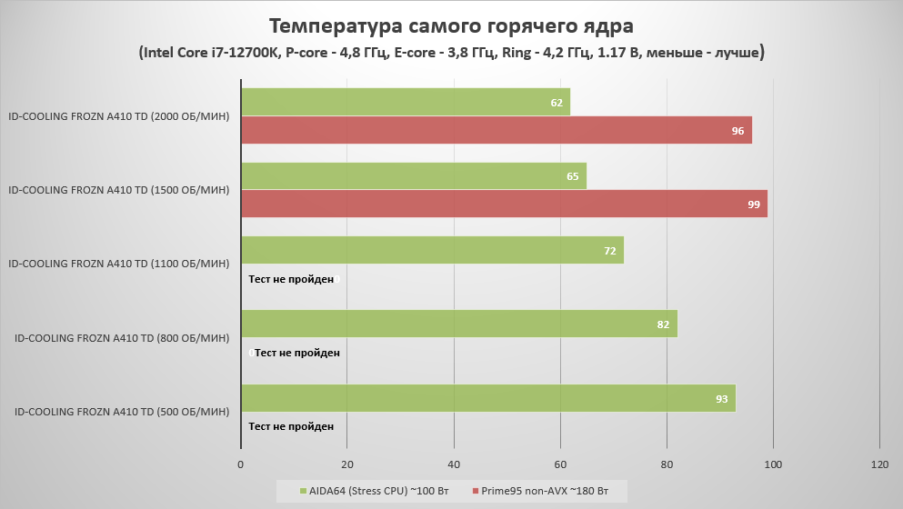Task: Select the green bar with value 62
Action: [x=405, y=103]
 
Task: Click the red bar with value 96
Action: [x=496, y=130]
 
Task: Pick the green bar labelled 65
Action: [x=413, y=176]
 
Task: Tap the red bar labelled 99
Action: [x=504, y=204]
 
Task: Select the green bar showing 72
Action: [x=432, y=250]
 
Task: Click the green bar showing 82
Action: [x=458, y=324]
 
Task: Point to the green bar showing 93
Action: [x=487, y=397]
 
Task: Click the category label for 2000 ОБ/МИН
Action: [x=118, y=116]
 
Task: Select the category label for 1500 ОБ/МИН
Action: [x=118, y=190]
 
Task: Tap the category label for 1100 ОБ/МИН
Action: [x=118, y=264]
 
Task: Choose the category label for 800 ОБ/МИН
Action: [x=122, y=338]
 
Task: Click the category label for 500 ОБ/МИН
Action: [x=122, y=412]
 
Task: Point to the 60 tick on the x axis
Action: [x=560, y=464]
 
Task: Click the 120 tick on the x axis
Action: [x=879, y=464]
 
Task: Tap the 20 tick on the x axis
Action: [x=346, y=464]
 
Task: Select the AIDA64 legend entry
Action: [x=373, y=492]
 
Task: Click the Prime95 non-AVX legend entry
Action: [x=540, y=492]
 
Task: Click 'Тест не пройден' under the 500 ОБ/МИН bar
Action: [x=291, y=426]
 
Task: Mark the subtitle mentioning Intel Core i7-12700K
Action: [x=451, y=53]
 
